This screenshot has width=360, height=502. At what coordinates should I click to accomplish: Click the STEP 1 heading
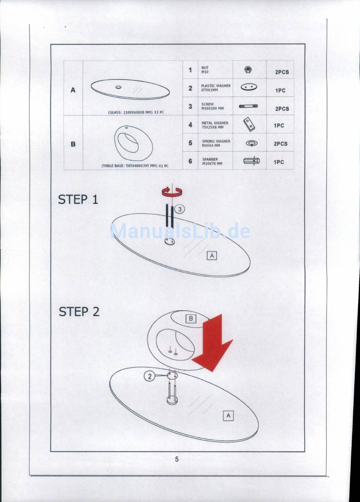(78, 199)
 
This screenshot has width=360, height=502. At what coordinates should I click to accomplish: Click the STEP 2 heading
(79, 312)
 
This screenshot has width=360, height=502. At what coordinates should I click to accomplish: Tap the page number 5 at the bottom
(177, 460)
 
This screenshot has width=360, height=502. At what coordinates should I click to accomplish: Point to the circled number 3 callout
(180, 209)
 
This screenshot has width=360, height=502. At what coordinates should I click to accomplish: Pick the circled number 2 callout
(150, 376)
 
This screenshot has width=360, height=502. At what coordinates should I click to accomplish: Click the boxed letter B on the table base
(191, 319)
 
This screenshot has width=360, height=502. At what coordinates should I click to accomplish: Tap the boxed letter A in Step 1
(212, 256)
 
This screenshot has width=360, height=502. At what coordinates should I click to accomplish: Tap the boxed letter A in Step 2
(228, 416)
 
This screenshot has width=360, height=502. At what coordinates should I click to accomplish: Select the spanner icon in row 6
(251, 161)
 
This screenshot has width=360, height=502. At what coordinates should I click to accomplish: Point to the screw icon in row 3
(249, 106)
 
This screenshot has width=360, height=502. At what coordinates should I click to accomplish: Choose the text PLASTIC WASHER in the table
(216, 86)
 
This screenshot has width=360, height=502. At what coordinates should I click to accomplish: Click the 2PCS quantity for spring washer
(280, 144)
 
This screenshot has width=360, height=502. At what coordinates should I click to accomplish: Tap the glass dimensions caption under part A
(136, 112)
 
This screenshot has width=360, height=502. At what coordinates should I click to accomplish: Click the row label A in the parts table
(73, 90)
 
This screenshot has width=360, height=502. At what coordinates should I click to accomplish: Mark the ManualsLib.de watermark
(180, 231)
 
